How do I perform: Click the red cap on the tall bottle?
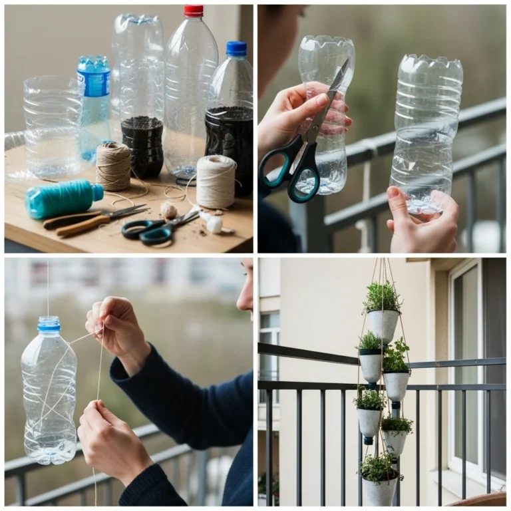pos(194,11)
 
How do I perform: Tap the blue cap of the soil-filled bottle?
pos(236,48)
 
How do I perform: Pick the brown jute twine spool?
pos(113,166)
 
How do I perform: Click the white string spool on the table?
pos(216,181)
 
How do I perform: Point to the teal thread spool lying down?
pos(63,198)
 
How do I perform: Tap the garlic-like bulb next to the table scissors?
pos(169,210)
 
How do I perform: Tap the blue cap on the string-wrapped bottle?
pos(49,324)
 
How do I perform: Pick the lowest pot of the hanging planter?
pos(379,491)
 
